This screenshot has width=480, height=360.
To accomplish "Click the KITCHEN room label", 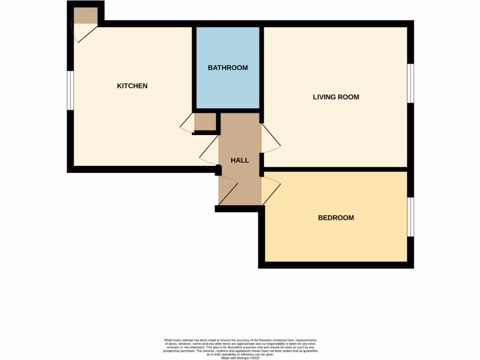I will [132, 86].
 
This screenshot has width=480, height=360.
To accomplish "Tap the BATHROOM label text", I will [228, 67].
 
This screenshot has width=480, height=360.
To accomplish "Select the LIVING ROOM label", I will [336, 97].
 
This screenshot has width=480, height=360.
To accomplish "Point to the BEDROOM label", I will [336, 217].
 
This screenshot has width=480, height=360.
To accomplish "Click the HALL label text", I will [240, 160].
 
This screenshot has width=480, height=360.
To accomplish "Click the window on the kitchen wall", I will [70, 90].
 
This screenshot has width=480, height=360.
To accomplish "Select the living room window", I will [411, 83].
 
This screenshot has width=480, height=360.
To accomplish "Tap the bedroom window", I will [411, 217].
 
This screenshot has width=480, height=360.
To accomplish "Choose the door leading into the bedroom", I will [271, 190].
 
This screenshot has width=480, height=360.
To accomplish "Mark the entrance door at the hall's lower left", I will [228, 190].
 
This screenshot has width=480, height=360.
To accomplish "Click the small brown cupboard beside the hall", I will [205, 122].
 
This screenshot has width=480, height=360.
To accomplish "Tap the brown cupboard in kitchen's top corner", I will [85, 15].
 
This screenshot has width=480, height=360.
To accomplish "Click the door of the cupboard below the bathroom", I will [187, 124].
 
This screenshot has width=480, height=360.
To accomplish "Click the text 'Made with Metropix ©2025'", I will [240, 358].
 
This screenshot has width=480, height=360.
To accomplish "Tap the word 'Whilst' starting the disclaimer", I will [169, 340].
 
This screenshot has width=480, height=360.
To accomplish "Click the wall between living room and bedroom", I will [336, 169].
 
